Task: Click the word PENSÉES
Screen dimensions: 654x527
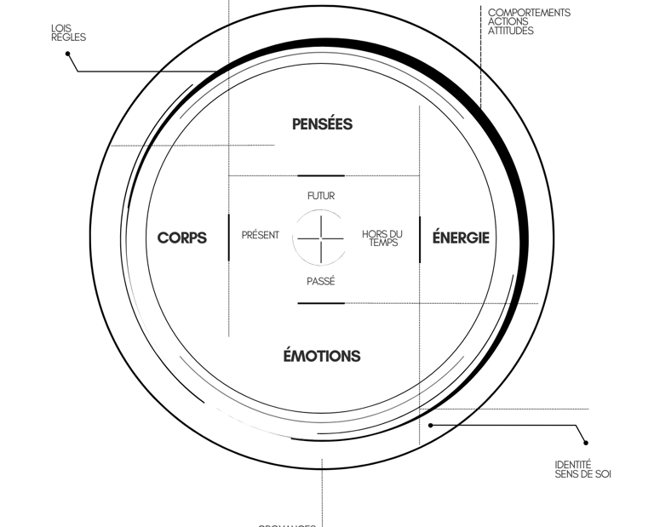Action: pyautogui.click(x=322, y=124)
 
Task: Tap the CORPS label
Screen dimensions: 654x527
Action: pyautogui.click(x=182, y=238)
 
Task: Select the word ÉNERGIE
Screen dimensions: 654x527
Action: pyautogui.click(x=461, y=238)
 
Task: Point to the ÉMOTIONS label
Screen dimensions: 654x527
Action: pyautogui.click(x=322, y=356)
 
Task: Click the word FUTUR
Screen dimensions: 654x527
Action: pyautogui.click(x=321, y=196)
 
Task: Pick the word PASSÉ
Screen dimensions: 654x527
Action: pyautogui.click(x=321, y=281)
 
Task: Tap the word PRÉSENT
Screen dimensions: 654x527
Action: pyautogui.click(x=261, y=235)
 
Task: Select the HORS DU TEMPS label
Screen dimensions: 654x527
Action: pyautogui.click(x=381, y=238)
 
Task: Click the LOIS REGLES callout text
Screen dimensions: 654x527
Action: pyautogui.click(x=68, y=32)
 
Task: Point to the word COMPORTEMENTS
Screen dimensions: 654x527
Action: pyautogui.click(x=529, y=13)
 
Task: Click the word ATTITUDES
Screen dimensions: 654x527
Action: pyautogui.click(x=511, y=32)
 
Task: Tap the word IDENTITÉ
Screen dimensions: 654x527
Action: pyautogui.click(x=573, y=465)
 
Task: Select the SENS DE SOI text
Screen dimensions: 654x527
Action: pyautogui.click(x=582, y=474)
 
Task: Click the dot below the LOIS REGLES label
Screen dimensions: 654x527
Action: pyautogui.click(x=68, y=54)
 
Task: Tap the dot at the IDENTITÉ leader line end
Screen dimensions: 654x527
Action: pyautogui.click(x=586, y=443)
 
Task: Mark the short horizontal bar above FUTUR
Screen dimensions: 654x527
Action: pyautogui.click(x=321, y=175)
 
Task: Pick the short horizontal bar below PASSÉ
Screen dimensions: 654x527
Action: pyautogui.click(x=321, y=303)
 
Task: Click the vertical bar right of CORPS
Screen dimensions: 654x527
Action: pyautogui.click(x=229, y=238)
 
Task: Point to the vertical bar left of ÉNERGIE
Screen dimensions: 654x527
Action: pyautogui.click(x=420, y=238)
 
